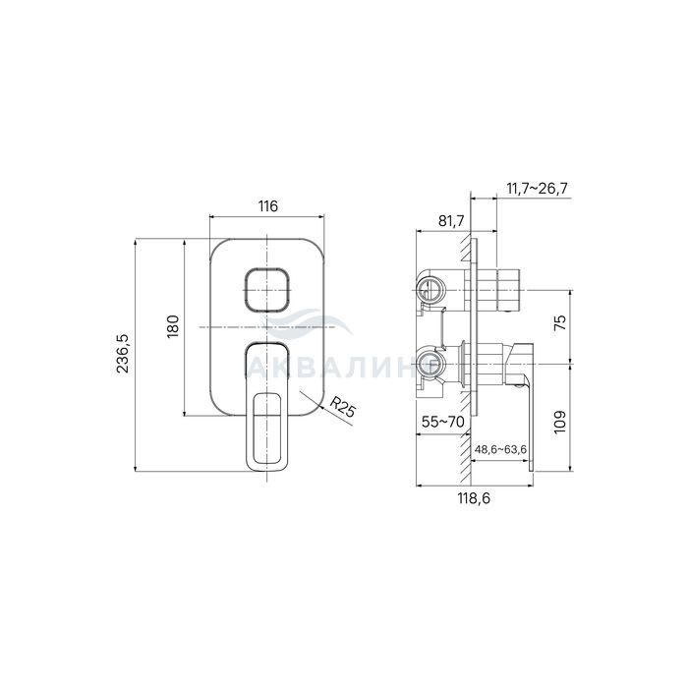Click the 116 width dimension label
point(267,205)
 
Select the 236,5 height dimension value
point(123,354)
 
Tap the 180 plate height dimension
point(173,326)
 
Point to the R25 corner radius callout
point(342,407)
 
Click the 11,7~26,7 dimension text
point(537,189)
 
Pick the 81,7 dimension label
point(451,221)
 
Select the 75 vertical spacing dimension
point(560,323)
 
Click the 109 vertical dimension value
point(560,422)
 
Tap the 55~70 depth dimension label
point(442,422)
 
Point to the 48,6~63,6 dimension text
point(500,450)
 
